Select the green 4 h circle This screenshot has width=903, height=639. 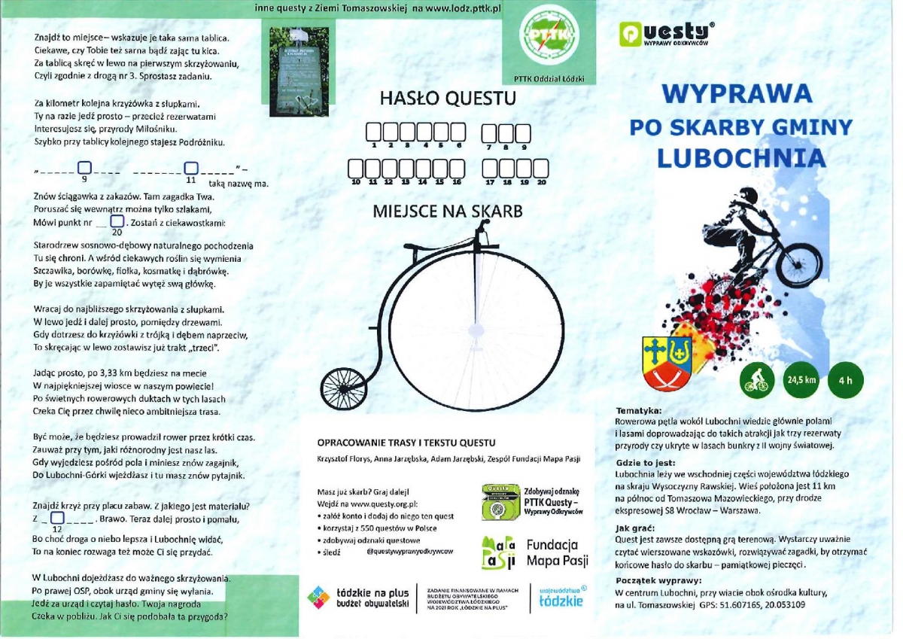pyautogui.click(x=845, y=380)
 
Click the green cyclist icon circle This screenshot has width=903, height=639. pyautogui.click(x=756, y=380)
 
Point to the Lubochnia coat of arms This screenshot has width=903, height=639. pyautogui.click(x=666, y=360)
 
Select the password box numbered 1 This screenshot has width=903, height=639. pyautogui.click(x=374, y=133)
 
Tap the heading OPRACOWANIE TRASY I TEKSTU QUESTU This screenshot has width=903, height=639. pyautogui.click(x=406, y=442)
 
